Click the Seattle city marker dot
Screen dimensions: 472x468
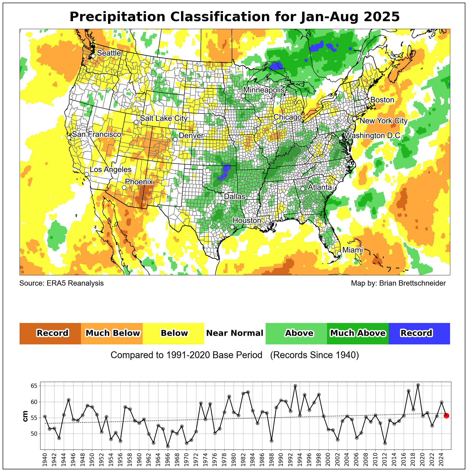(93, 56)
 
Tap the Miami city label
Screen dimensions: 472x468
(352, 250)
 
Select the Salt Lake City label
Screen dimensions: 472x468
(163, 118)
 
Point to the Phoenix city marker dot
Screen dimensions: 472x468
(124, 187)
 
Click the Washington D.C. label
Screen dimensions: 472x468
(373, 136)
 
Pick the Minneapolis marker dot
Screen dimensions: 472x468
(243, 96)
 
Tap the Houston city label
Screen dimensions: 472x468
(247, 221)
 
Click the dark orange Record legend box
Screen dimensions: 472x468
(50, 333)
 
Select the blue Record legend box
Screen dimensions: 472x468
(419, 333)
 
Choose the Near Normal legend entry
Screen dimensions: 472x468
(235, 333)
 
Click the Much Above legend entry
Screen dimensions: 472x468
(358, 333)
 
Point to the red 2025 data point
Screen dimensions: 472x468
(446, 416)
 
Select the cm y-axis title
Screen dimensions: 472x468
(26, 416)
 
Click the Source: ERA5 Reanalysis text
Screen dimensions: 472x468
(61, 283)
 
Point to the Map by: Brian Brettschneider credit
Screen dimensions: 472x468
(398, 283)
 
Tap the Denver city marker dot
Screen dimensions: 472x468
(175, 139)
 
